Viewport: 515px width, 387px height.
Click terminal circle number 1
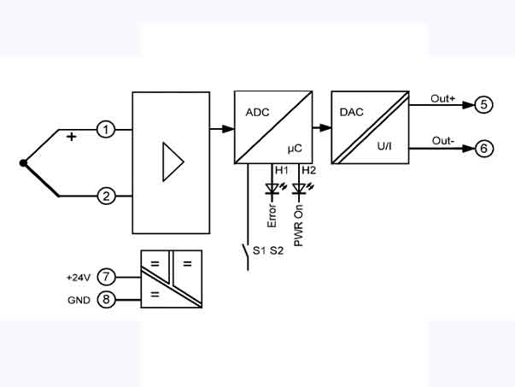(x=106, y=130)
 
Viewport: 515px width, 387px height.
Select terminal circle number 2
(x=106, y=196)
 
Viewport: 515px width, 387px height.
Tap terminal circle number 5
(x=483, y=105)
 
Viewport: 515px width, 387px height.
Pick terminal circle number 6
(x=483, y=149)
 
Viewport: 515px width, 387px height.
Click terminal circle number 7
(x=106, y=277)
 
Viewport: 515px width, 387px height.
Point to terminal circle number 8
(x=106, y=300)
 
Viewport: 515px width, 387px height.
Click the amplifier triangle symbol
(x=173, y=162)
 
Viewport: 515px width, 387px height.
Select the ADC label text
(x=257, y=111)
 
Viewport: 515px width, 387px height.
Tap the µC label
(x=295, y=149)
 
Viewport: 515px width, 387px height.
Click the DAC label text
(x=352, y=111)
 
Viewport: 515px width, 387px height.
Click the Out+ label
(x=442, y=99)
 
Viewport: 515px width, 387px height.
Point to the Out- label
(x=442, y=140)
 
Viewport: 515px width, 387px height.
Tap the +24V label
(x=78, y=277)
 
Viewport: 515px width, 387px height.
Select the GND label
(x=79, y=301)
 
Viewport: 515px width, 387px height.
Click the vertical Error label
(x=272, y=211)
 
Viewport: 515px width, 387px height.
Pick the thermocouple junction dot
(x=24, y=162)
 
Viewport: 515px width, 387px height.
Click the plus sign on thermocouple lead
(x=71, y=137)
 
